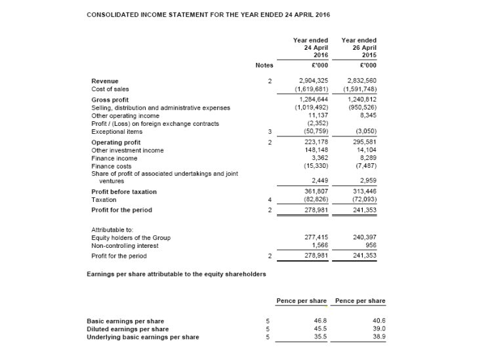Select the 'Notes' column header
tap(264, 65)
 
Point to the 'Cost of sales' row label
tap(110, 89)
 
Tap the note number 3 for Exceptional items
tap(270, 131)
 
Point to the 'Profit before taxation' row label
tap(124, 192)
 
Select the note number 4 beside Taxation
tap(270, 199)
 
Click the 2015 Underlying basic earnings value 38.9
tap(379, 337)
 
